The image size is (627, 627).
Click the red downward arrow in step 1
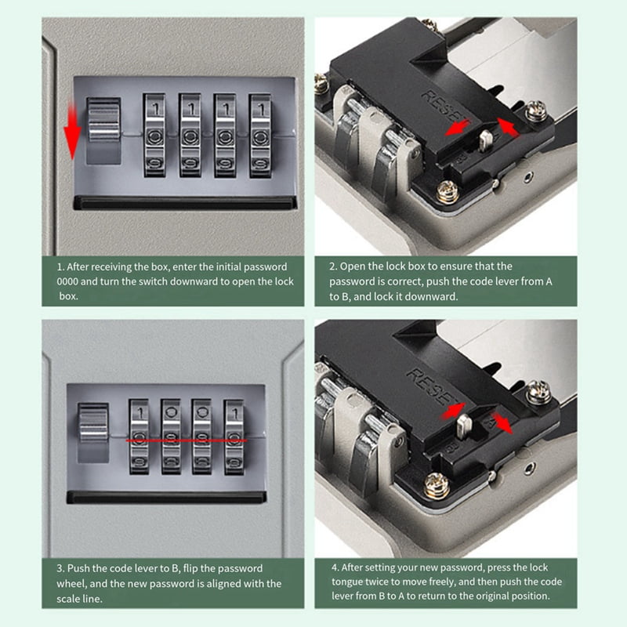click(x=72, y=130)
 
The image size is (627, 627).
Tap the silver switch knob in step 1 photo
click(x=103, y=119)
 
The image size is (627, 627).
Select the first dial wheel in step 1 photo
click(x=154, y=135)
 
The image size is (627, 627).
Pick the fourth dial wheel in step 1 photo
click(x=260, y=135)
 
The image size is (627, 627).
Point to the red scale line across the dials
click(x=187, y=440)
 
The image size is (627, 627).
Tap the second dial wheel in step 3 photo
click(x=171, y=437)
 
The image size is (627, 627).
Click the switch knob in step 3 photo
click(x=93, y=422)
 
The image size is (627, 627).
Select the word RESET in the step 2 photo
click(x=444, y=107)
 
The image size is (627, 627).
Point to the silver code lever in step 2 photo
click(x=485, y=140)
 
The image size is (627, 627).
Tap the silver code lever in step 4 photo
click(x=464, y=426)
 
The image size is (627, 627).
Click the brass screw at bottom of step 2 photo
click(x=448, y=191)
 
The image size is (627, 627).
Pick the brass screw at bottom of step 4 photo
click(x=437, y=485)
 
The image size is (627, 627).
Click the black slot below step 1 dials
click(x=185, y=202)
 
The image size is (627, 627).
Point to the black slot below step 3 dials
click(x=166, y=497)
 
